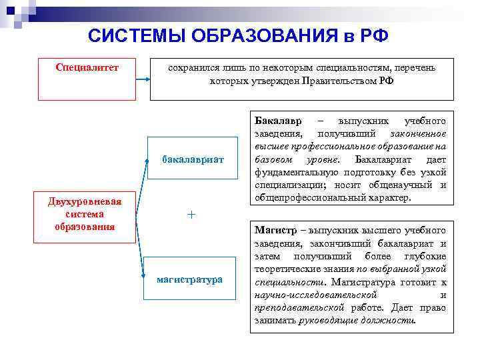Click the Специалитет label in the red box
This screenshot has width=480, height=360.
point(87,67)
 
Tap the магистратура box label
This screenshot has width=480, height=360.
point(190,279)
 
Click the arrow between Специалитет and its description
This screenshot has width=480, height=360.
point(143,79)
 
